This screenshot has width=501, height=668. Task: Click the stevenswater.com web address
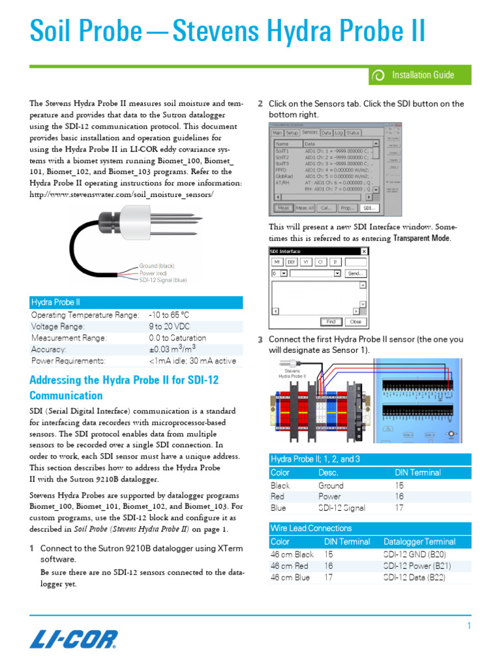tap(121, 195)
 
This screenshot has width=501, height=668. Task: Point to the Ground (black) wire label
tap(157, 266)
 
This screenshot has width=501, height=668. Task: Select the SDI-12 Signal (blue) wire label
tap(162, 279)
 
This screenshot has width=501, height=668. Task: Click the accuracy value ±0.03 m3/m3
tap(173, 350)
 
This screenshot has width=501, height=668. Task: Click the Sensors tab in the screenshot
tap(310, 132)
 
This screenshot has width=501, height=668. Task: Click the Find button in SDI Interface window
tap(331, 322)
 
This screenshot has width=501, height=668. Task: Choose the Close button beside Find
tap(355, 322)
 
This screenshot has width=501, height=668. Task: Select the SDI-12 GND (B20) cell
tap(414, 554)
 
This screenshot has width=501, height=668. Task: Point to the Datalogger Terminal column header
tap(419, 541)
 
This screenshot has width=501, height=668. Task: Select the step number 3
tap(260, 340)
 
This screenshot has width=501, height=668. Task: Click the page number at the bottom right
tap(468, 626)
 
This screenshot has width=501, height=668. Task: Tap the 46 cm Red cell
tap(290, 566)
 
